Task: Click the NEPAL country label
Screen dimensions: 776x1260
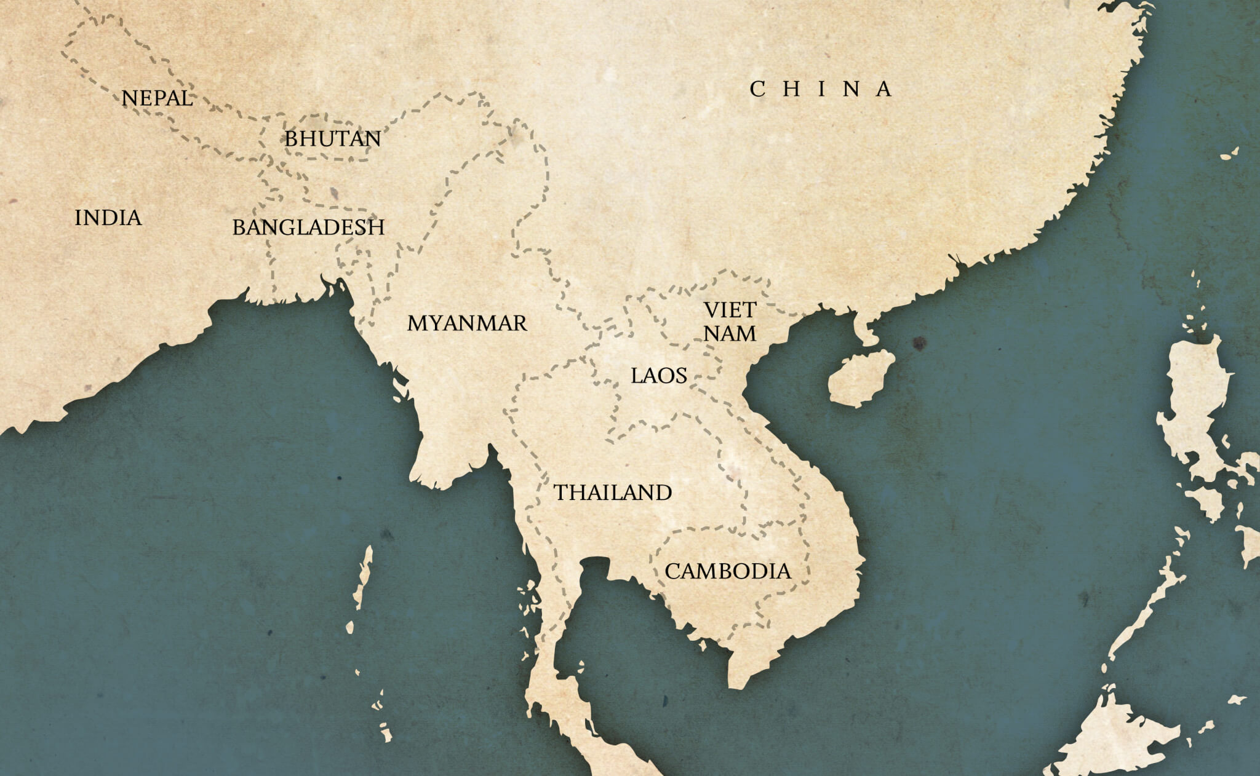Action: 157,98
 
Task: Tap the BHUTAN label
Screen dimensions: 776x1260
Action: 332,139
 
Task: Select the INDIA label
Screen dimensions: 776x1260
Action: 108,218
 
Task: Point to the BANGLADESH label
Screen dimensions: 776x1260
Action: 308,228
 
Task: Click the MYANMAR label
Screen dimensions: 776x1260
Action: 467,323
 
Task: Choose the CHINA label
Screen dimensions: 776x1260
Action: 820,89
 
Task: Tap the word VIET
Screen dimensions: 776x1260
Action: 730,310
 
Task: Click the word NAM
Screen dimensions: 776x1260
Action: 730,333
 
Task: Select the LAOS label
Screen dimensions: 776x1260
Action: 658,376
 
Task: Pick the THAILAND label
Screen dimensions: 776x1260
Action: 613,493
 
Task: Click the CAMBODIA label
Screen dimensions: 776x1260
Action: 728,571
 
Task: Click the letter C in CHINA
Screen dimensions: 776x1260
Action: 757,89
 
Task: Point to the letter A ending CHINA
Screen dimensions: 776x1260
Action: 883,89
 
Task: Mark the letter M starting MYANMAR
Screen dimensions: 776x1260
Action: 417,323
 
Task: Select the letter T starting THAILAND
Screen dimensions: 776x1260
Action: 560,493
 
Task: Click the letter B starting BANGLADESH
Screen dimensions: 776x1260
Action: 239,228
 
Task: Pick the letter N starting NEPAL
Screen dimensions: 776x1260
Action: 129,98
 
